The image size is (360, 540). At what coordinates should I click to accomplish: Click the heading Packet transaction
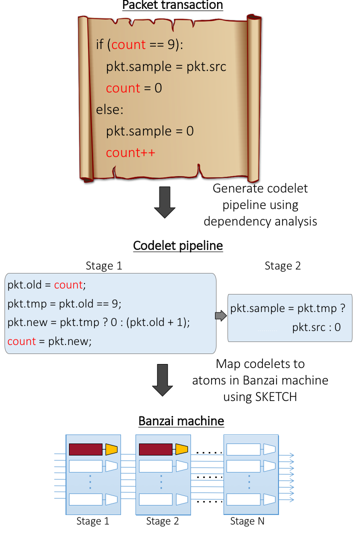point(173,5)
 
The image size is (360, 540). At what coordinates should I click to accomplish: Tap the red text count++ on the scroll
point(130,152)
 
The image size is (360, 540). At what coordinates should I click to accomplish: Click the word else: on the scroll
point(109,109)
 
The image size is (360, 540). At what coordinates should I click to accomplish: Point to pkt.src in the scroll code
point(206,66)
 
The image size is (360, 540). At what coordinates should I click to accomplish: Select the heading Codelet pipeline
point(178,246)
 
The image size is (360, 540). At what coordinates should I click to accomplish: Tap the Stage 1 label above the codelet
point(104,265)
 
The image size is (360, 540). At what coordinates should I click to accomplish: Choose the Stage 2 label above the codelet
point(282,265)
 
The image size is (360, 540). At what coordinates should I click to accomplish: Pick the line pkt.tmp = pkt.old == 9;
point(64,303)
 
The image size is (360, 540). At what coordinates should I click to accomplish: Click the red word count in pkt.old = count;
point(68,285)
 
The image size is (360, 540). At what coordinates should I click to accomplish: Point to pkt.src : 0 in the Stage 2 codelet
point(316,327)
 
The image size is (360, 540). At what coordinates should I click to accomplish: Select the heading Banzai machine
point(181,421)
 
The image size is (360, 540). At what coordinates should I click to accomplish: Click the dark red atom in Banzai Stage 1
point(85,449)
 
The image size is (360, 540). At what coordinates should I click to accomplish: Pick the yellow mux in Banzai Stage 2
point(181,449)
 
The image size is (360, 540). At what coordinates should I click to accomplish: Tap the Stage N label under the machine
point(247,521)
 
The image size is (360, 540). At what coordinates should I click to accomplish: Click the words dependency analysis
point(260,221)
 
